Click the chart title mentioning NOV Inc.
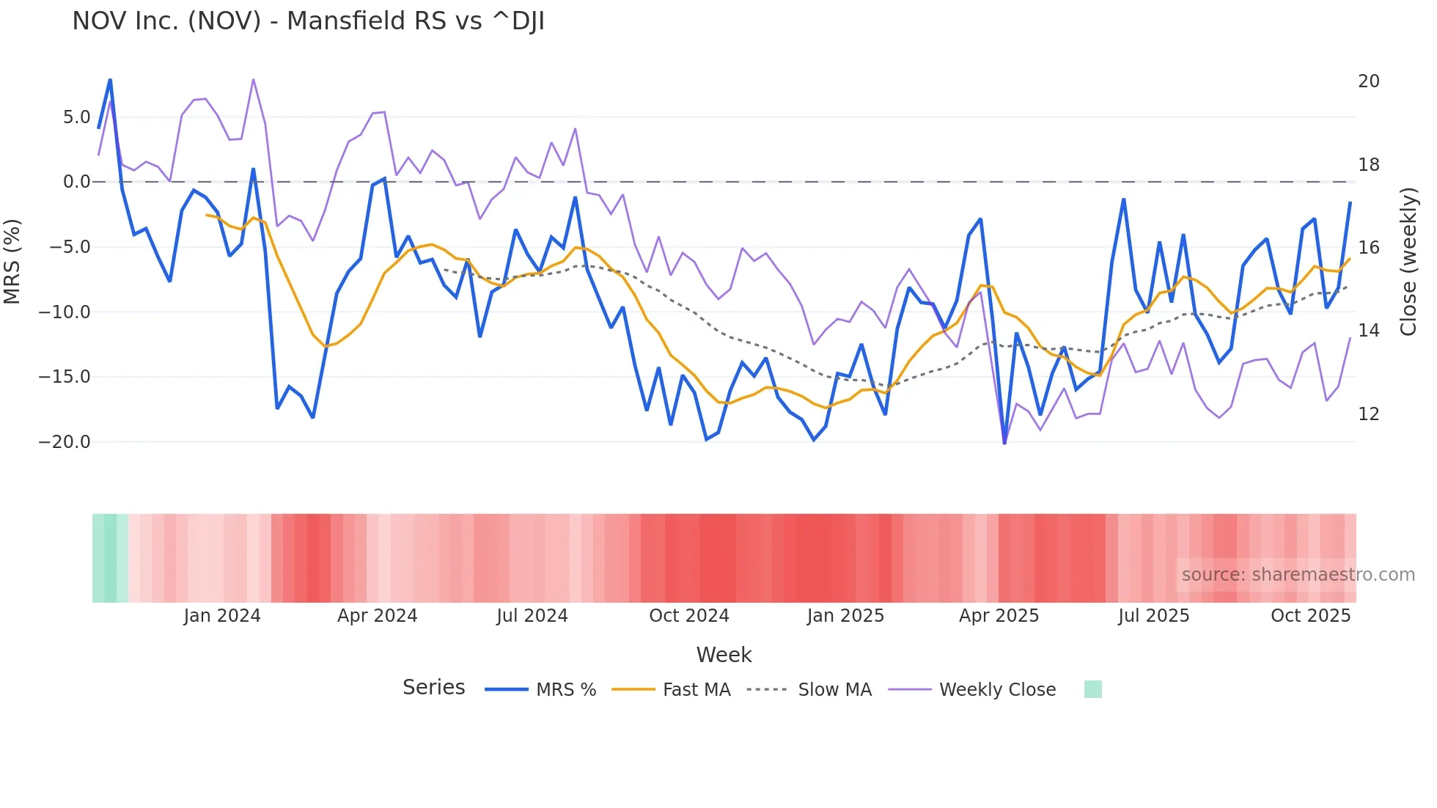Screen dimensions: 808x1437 pyautogui.click(x=308, y=21)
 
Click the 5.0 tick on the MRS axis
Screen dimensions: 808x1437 pyautogui.click(x=76, y=117)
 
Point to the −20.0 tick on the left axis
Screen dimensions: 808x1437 pyautogui.click(x=65, y=442)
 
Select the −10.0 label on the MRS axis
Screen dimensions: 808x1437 pyautogui.click(x=65, y=312)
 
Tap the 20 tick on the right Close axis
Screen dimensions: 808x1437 pyautogui.click(x=1368, y=81)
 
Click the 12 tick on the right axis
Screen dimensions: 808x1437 pyautogui.click(x=1368, y=414)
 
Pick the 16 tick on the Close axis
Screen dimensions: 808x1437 pyautogui.click(x=1368, y=248)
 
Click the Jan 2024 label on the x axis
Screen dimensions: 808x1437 pyautogui.click(x=222, y=616)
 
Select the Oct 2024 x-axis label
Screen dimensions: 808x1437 pyautogui.click(x=688, y=616)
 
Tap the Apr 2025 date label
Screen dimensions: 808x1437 pyautogui.click(x=999, y=616)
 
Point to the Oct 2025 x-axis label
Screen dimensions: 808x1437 pyautogui.click(x=1310, y=616)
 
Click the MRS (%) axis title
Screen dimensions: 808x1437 pyautogui.click(x=12, y=261)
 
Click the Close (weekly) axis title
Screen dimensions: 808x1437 pyautogui.click(x=1408, y=261)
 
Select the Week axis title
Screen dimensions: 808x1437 pyautogui.click(x=724, y=655)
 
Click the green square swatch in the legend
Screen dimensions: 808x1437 pyautogui.click(x=1092, y=689)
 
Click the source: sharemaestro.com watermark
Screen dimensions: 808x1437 pyautogui.click(x=1298, y=575)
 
